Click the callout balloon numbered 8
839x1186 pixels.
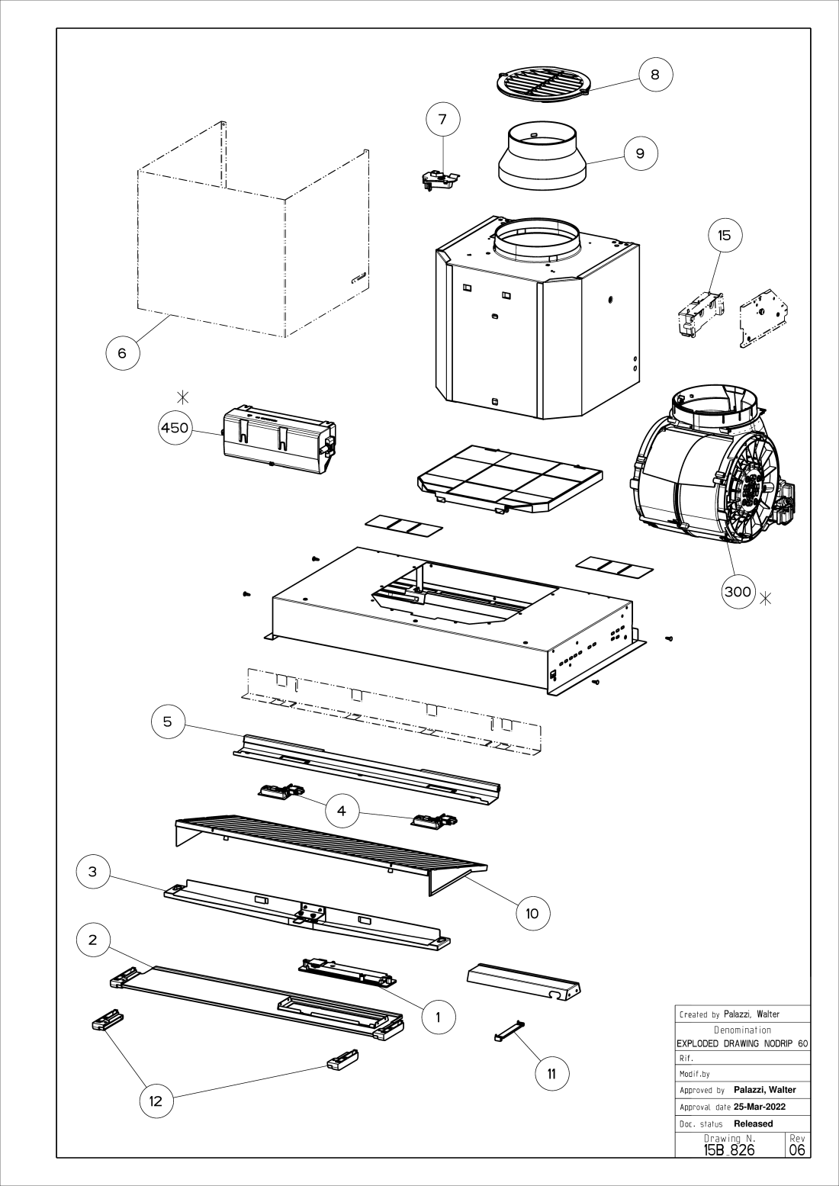pyautogui.click(x=655, y=74)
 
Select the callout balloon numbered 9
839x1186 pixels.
pyautogui.click(x=640, y=153)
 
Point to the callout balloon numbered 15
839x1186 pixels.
pyautogui.click(x=725, y=235)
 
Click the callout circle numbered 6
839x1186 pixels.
pyautogui.click(x=122, y=353)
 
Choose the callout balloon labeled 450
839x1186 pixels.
pyautogui.click(x=175, y=428)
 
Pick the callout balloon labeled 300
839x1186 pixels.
pyautogui.click(x=738, y=591)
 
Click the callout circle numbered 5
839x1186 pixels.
pyautogui.click(x=168, y=722)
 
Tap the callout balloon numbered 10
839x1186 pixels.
pyautogui.click(x=532, y=913)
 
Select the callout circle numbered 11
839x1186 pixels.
pyautogui.click(x=552, y=1074)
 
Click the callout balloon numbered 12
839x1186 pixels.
pyautogui.click(x=156, y=1101)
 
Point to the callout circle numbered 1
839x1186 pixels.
pyautogui.click(x=438, y=1017)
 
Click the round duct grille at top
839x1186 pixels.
pyautogui.click(x=543, y=84)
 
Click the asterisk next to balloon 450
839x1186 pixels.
pyautogui.click(x=183, y=397)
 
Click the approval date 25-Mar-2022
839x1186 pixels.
pyautogui.click(x=760, y=1107)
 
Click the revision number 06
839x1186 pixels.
pyautogui.click(x=797, y=1149)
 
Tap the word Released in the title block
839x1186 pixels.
pyautogui.click(x=754, y=1123)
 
